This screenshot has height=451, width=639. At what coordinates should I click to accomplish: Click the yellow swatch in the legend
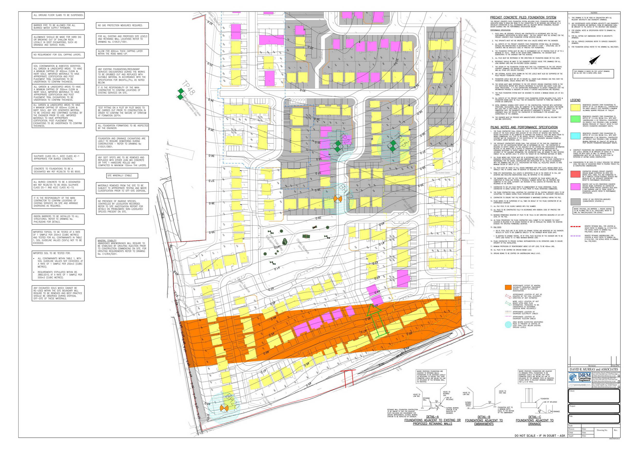pos(575,107)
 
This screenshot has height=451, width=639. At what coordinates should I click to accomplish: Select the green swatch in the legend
pos(575,119)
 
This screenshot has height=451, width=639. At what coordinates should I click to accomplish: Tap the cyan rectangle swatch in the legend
pos(575,136)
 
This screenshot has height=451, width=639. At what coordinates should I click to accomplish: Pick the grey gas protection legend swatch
pos(575,201)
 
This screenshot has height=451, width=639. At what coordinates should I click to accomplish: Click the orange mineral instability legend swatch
pos(508,287)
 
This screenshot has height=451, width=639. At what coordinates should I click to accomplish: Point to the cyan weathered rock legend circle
pos(508,324)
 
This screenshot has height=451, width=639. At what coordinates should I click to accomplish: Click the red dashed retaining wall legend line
pos(575,226)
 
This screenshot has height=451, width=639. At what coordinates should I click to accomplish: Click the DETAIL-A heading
pos(432,417)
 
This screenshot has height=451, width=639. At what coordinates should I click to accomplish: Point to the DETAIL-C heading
pos(534,417)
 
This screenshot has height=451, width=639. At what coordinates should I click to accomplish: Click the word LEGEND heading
pos(575,100)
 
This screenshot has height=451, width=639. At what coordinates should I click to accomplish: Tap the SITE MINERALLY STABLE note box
pos(122,176)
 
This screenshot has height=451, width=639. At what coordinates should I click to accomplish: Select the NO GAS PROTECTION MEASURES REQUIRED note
pos(122,25)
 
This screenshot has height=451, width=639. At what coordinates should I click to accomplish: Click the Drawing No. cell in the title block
pos(602,430)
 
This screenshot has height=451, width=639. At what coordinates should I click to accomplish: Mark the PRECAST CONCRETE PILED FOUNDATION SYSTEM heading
pos(519,17)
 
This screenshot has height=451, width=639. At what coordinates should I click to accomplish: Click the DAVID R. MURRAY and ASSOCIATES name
pos(594,370)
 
